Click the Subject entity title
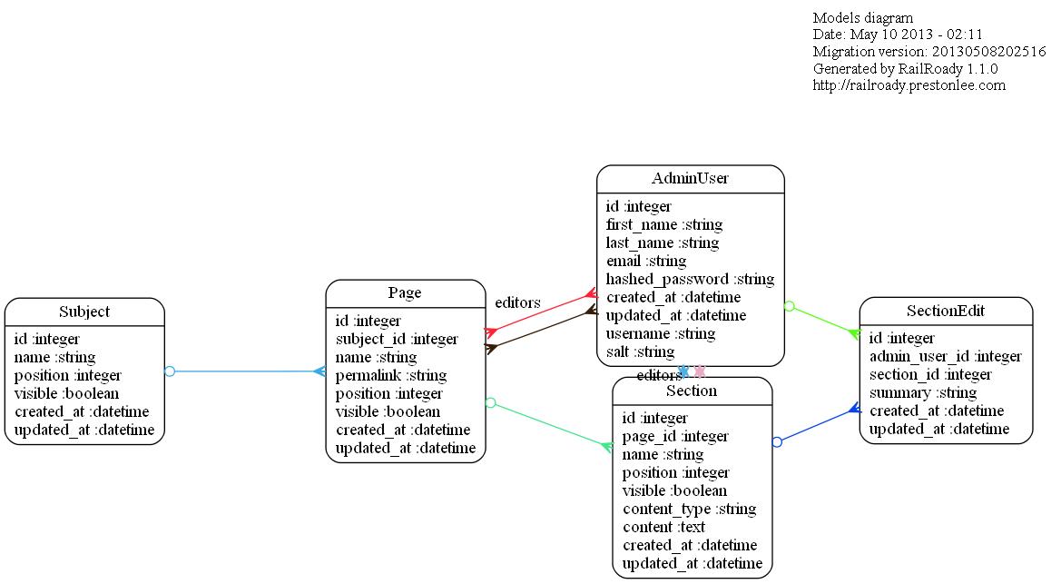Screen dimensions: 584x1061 pos(84,312)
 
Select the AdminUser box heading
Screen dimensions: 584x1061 pos(690,178)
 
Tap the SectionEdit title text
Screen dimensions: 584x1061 pos(945,311)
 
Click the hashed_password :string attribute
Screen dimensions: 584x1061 pos(690,279)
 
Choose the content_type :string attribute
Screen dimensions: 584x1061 pos(689,509)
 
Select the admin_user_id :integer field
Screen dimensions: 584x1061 pos(945,356)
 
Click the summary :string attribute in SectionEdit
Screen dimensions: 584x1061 pos(923,392)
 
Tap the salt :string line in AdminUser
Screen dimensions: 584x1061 pos(640,351)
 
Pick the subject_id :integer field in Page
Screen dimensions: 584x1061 pos(397,339)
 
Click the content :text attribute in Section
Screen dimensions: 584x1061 pos(663,527)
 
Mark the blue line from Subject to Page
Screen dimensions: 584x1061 pos(245,371)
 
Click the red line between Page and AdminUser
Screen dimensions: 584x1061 pos(541,312)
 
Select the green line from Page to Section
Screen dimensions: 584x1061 pos(549,424)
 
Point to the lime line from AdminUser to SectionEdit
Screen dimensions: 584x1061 pos(821,320)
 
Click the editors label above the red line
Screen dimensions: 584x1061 pos(517,302)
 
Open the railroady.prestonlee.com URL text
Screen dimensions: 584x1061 pos(909,85)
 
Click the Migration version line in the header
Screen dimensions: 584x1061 pos(928,52)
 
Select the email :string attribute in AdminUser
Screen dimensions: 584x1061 pos(646,261)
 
